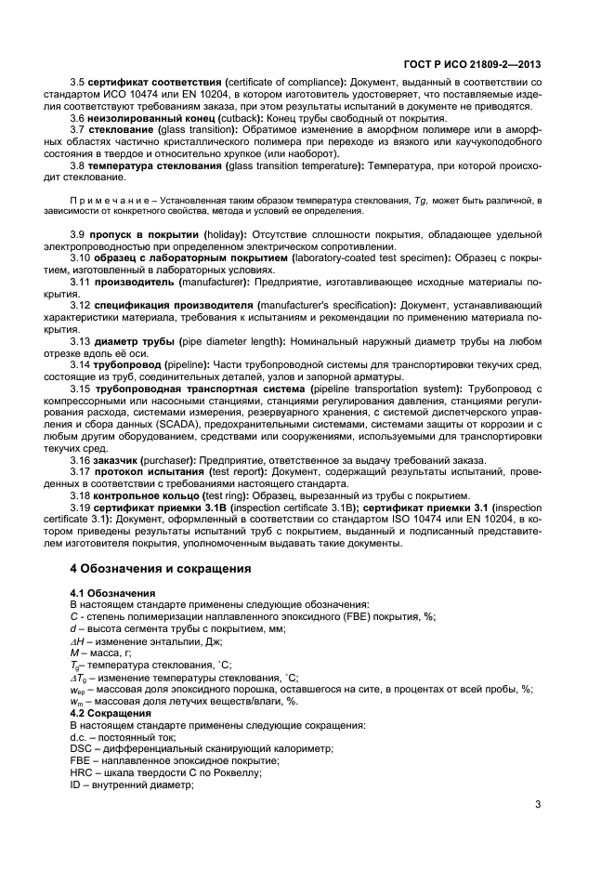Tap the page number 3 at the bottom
(538, 804)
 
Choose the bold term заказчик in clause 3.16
(121, 460)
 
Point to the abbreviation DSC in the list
(81, 748)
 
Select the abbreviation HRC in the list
(81, 771)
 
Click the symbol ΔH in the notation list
(78, 640)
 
